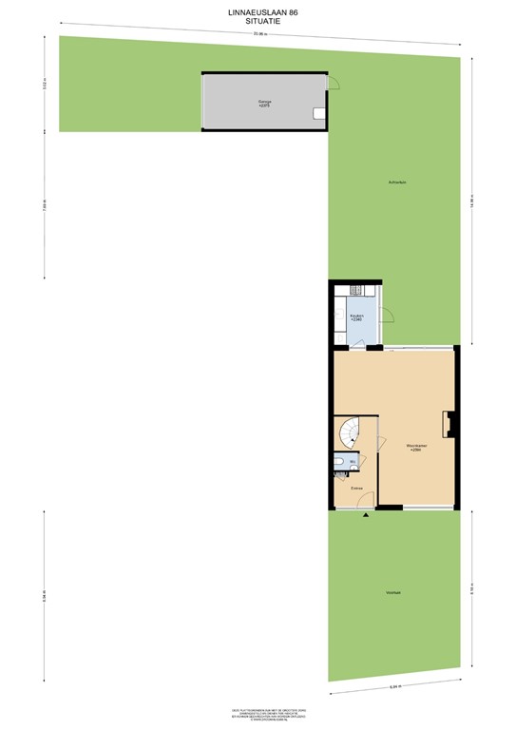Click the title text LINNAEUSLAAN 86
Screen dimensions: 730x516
coord(258,13)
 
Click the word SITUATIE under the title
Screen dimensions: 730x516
coord(258,22)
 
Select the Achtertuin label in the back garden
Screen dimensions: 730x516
coord(398,182)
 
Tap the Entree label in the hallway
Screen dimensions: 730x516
coord(356,489)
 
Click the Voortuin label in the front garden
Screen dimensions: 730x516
coord(392,592)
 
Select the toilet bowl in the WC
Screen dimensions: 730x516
coord(339,464)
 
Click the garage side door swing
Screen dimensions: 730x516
coord(333,83)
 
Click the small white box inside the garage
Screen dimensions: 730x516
coord(319,114)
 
